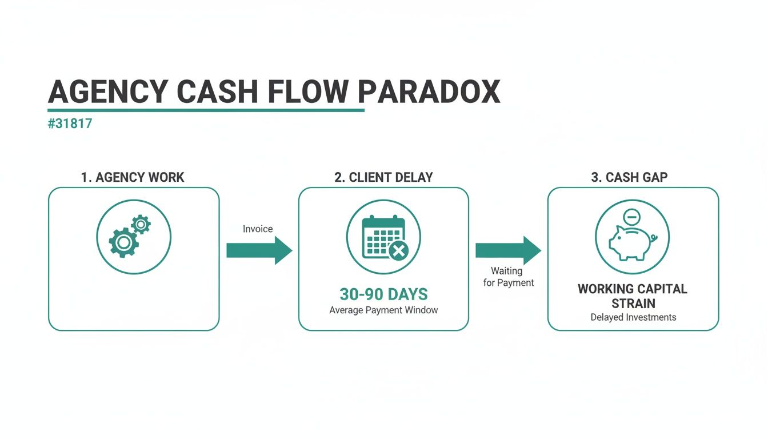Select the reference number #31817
coord(70,123)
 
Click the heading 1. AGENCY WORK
coord(133,177)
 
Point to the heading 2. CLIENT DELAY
coord(383,177)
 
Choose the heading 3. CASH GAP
coord(629,177)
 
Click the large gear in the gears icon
coord(123,242)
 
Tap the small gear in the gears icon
coord(141,224)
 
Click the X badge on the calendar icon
coord(398,250)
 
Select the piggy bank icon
coord(631,243)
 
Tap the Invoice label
coord(258,229)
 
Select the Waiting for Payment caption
coord(508,277)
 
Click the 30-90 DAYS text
coord(383,294)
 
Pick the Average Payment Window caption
coord(383,310)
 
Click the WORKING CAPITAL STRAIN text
coord(633,296)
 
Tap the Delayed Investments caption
coord(633,317)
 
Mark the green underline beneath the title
coord(206,110)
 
